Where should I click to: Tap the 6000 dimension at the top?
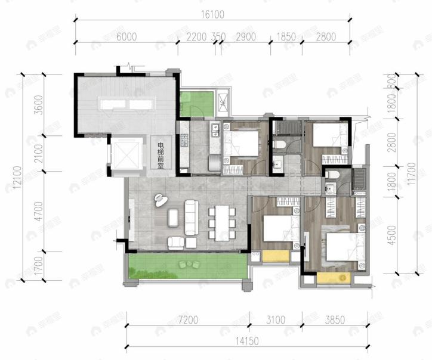click(127, 36)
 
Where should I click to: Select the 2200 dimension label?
click(196, 36)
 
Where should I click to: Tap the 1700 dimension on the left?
click(40, 266)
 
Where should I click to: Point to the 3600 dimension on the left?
click(40, 105)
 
